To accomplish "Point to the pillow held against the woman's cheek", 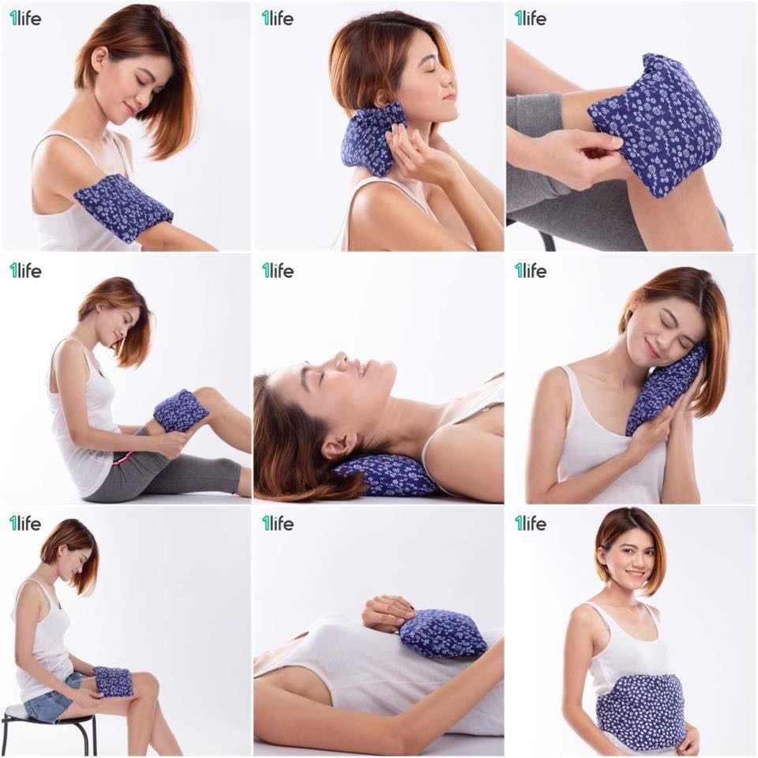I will pyautogui.click(x=664, y=390).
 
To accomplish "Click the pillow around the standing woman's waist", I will pyautogui.click(x=640, y=710).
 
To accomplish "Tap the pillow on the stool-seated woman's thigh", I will pyautogui.click(x=113, y=681).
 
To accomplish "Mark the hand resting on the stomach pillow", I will pyautogui.click(x=387, y=612).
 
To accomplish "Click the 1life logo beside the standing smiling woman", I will pyautogui.click(x=530, y=523).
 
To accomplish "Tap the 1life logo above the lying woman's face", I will pyautogui.click(x=277, y=270).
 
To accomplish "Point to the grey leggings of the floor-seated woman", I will pyautogui.click(x=182, y=474).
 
